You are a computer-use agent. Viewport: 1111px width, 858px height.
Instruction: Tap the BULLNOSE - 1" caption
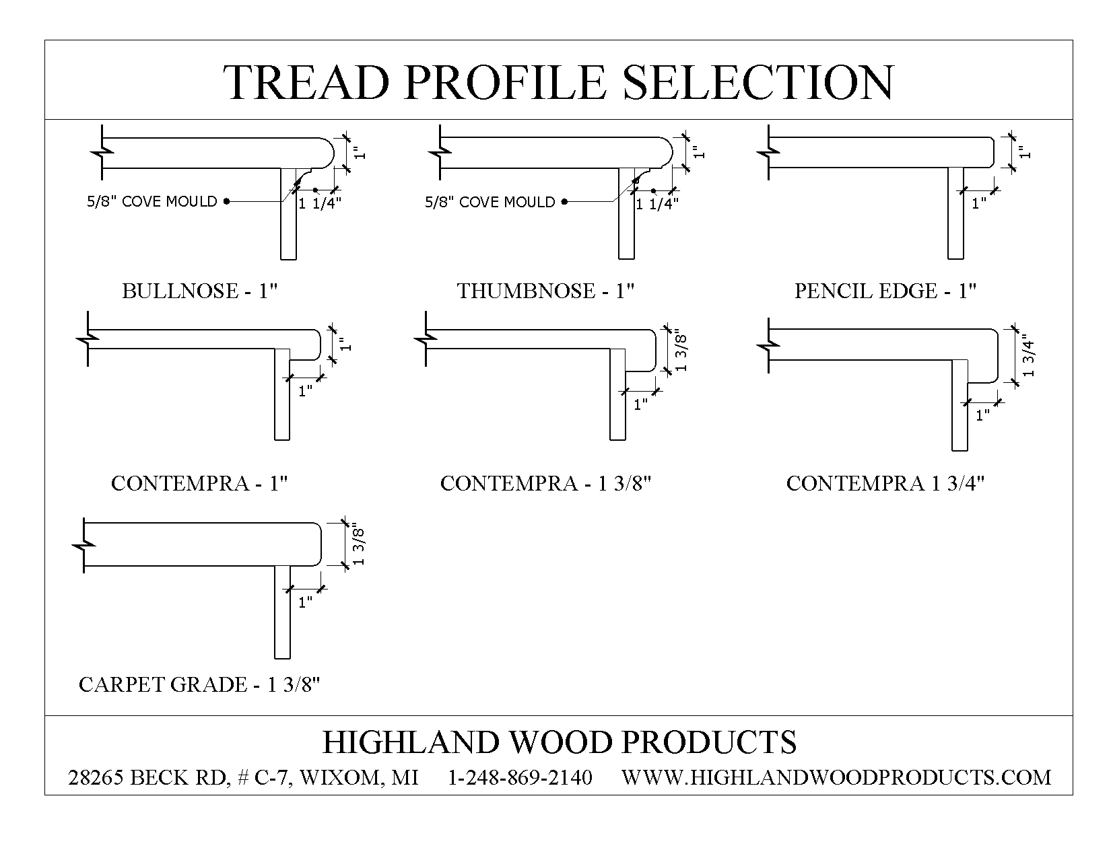tap(200, 291)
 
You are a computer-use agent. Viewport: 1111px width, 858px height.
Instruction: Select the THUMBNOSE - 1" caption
tap(545, 291)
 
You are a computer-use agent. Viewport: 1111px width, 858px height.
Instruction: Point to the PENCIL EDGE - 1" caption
tap(885, 291)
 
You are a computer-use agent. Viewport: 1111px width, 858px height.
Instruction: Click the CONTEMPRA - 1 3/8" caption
tap(545, 483)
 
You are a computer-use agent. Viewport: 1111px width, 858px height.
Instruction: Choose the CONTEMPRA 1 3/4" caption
tap(885, 483)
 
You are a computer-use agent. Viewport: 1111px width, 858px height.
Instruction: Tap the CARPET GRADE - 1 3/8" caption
tap(199, 685)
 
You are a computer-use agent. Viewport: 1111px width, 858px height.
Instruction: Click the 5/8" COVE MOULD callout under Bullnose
tap(152, 201)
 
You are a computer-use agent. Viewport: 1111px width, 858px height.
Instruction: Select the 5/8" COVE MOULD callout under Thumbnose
tap(490, 202)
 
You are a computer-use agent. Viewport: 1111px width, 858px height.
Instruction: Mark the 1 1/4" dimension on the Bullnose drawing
tap(320, 203)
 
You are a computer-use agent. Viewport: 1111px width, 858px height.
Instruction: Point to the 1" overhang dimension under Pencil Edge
tap(978, 203)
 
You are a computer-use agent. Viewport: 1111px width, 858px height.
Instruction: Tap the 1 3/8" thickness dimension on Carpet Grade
tap(358, 546)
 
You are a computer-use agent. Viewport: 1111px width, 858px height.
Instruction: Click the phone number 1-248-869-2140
tap(520, 777)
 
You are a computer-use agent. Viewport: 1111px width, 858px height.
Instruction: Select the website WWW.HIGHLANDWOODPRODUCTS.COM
tap(836, 777)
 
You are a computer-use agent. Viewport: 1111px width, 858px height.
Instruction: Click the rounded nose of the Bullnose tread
tap(327, 153)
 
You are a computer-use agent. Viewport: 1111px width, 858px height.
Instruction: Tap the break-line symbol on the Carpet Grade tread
tap(84, 546)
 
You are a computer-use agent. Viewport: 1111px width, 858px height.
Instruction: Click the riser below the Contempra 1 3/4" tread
tap(959, 405)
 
